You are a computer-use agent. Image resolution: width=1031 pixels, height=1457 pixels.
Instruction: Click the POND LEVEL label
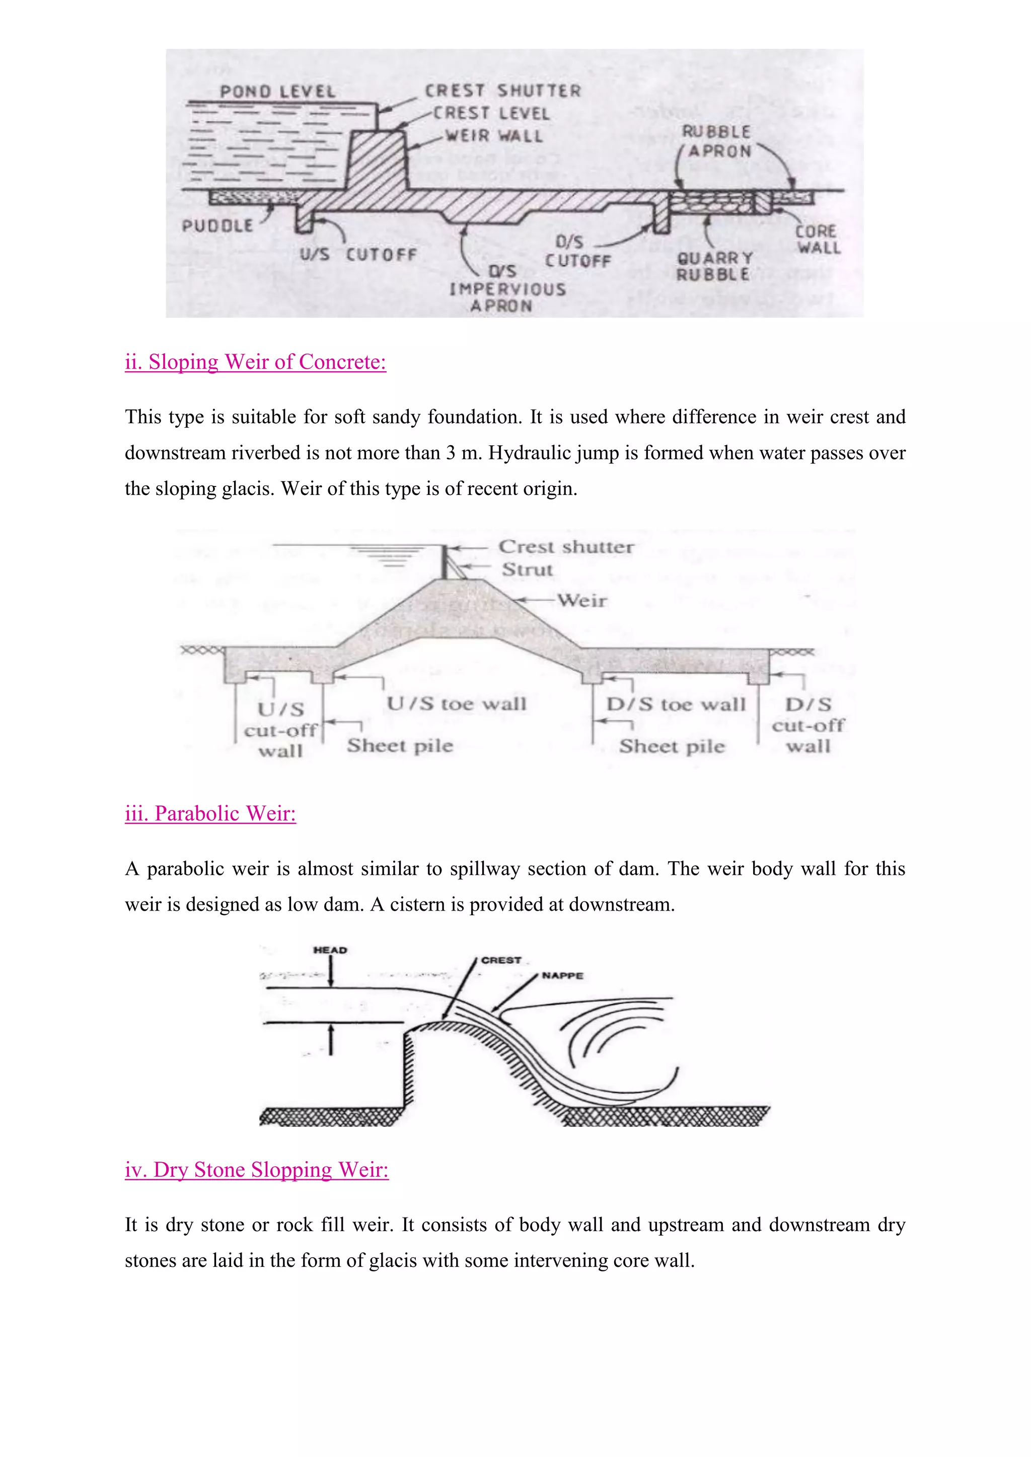[277, 92]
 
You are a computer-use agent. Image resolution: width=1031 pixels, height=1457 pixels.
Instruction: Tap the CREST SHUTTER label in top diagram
[502, 91]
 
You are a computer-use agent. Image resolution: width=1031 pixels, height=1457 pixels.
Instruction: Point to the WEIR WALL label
[494, 136]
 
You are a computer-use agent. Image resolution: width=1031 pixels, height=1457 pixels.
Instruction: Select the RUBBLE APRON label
[717, 141]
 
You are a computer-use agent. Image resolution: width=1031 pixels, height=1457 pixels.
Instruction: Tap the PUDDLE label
[217, 226]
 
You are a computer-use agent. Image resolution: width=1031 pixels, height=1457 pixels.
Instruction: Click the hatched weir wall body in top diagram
[377, 162]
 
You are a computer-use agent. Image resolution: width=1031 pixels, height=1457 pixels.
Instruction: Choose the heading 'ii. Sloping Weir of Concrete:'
[255, 362]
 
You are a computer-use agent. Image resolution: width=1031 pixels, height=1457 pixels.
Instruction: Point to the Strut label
[527, 569]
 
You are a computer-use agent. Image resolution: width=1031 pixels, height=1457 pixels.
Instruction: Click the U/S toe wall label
[457, 704]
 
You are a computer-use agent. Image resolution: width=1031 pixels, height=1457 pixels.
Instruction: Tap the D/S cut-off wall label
[807, 725]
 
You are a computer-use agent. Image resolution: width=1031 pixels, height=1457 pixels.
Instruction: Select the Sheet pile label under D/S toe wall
[672, 746]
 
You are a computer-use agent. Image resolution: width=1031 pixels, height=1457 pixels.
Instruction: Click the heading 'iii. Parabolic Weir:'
[210, 814]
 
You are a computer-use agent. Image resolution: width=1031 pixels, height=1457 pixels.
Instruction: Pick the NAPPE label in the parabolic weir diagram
[562, 976]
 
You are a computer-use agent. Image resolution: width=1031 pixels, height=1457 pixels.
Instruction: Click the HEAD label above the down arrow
[330, 950]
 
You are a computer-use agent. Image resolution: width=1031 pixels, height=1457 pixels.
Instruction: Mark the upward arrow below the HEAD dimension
[331, 1041]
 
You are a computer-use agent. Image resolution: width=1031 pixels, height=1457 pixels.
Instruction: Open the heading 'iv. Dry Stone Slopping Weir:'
[256, 1170]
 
